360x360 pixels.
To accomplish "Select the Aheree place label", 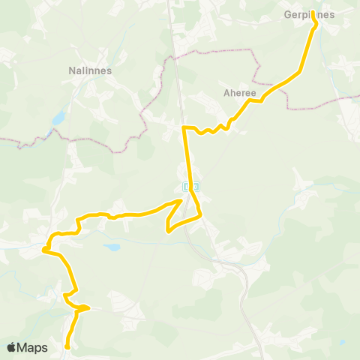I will (240, 94).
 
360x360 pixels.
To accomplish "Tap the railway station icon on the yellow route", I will (190, 185).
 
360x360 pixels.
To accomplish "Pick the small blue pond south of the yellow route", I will (112, 246).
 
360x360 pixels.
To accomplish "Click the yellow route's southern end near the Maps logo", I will (67, 346).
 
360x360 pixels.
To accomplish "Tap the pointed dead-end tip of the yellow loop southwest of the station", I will (166, 231).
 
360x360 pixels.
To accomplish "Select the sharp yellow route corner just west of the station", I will (181, 201).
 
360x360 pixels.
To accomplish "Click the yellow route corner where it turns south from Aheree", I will (185, 128).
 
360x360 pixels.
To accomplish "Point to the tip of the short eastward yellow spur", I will (89, 307).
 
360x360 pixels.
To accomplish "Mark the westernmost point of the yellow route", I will (44, 248).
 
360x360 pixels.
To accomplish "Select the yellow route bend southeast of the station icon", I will (201, 215).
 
